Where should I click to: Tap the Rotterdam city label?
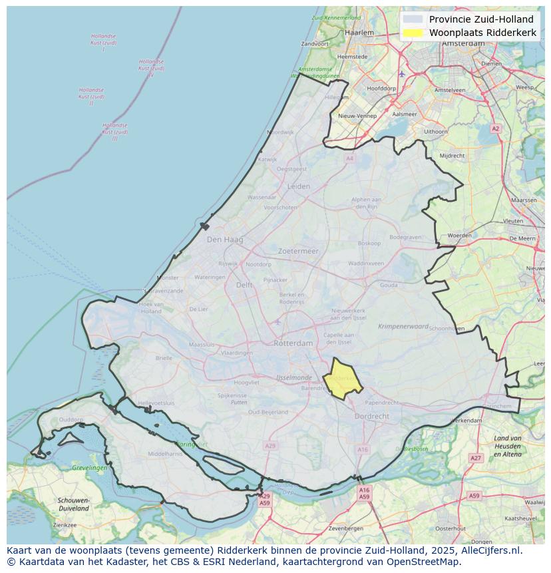point(293,343)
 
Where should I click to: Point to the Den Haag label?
point(225,240)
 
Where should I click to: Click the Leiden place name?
point(298,187)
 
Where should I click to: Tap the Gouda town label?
point(389,285)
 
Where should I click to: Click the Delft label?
point(244,285)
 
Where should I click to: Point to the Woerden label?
point(459,236)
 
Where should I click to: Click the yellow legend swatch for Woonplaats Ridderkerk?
point(413,33)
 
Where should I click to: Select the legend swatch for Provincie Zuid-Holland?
point(413,19)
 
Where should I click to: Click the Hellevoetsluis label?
point(156,403)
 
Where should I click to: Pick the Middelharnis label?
point(165,454)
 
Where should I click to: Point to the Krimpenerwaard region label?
point(403,327)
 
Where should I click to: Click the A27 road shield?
point(475,458)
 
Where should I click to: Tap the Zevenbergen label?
point(345,528)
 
